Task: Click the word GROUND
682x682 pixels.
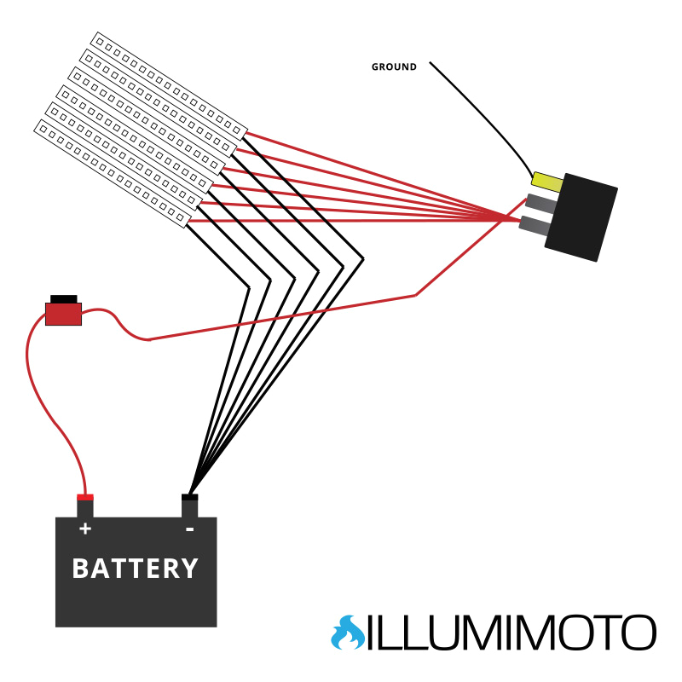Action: coord(394,67)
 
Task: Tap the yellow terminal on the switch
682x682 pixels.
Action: coord(546,182)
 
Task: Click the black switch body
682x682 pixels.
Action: coord(581,217)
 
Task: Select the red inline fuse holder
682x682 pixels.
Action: coord(63,314)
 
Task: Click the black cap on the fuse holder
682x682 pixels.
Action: coord(63,298)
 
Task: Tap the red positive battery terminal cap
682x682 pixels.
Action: coord(84,498)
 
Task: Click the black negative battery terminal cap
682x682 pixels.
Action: coord(189,498)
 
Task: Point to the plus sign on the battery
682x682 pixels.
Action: coord(84,529)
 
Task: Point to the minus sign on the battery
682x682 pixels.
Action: coord(189,529)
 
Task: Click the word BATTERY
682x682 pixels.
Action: coord(135,569)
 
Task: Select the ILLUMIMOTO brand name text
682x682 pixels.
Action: coord(511,633)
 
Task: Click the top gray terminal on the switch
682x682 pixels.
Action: coord(540,203)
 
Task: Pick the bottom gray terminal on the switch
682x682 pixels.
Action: coord(534,225)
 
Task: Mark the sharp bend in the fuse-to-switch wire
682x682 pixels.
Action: coord(415,295)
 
